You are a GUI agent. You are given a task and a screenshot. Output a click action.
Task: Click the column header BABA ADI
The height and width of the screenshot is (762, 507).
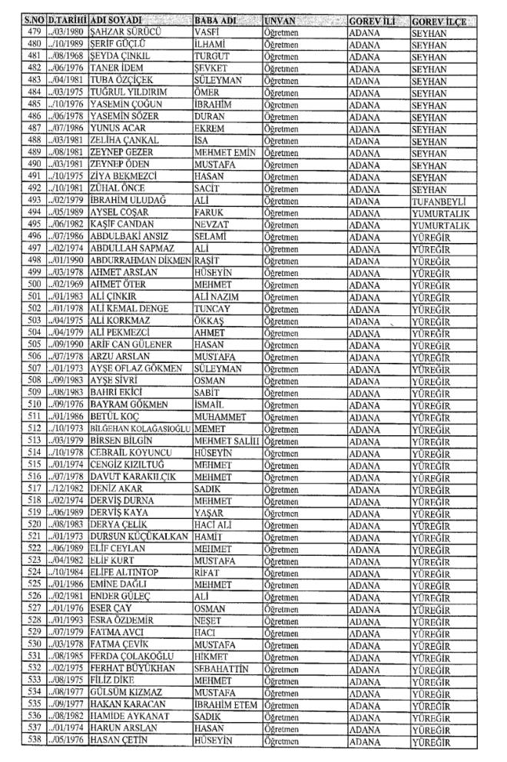[x=216, y=18]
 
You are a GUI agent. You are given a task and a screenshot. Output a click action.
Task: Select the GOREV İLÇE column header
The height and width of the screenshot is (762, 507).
[x=439, y=18]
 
